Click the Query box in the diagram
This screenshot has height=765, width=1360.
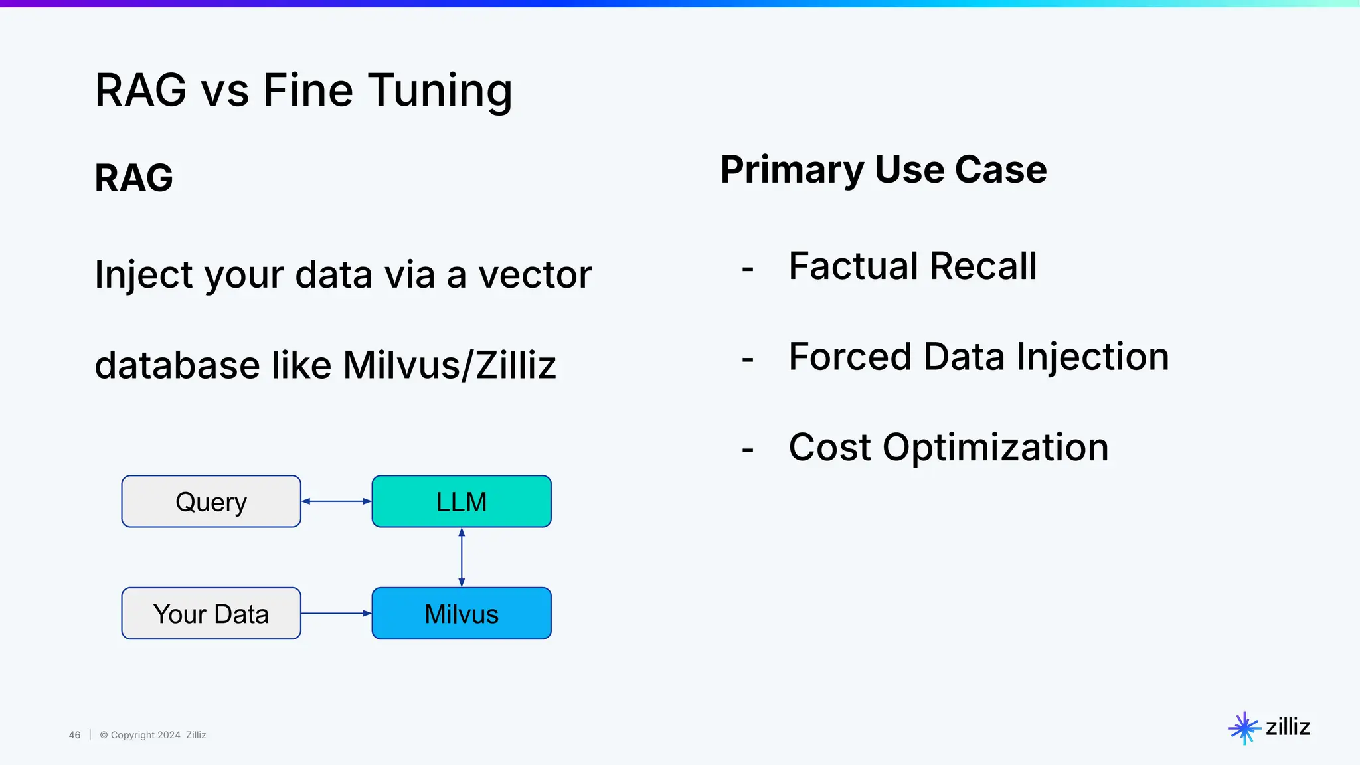(x=211, y=501)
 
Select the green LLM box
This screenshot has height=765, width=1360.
(x=462, y=501)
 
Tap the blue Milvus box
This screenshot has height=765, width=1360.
(x=462, y=614)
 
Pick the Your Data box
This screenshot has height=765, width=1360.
(x=211, y=614)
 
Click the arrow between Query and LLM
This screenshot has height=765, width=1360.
(x=337, y=501)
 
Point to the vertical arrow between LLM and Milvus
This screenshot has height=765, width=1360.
(x=462, y=557)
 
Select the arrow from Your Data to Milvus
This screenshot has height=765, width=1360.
(x=337, y=613)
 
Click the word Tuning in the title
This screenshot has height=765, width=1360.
(x=440, y=90)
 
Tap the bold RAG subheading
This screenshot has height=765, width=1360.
(x=133, y=178)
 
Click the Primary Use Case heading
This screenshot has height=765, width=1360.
(x=883, y=169)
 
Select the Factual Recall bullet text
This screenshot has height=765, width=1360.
(x=912, y=266)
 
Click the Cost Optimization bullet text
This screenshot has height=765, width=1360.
(x=948, y=447)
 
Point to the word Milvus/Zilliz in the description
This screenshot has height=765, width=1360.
(x=450, y=365)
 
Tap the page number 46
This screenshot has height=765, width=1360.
(x=74, y=735)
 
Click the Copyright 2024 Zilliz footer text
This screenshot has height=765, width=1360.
(x=153, y=735)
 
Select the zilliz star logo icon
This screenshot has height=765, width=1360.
(x=1244, y=728)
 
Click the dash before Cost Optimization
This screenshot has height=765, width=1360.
(x=748, y=450)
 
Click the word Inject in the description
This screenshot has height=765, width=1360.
(x=143, y=275)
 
